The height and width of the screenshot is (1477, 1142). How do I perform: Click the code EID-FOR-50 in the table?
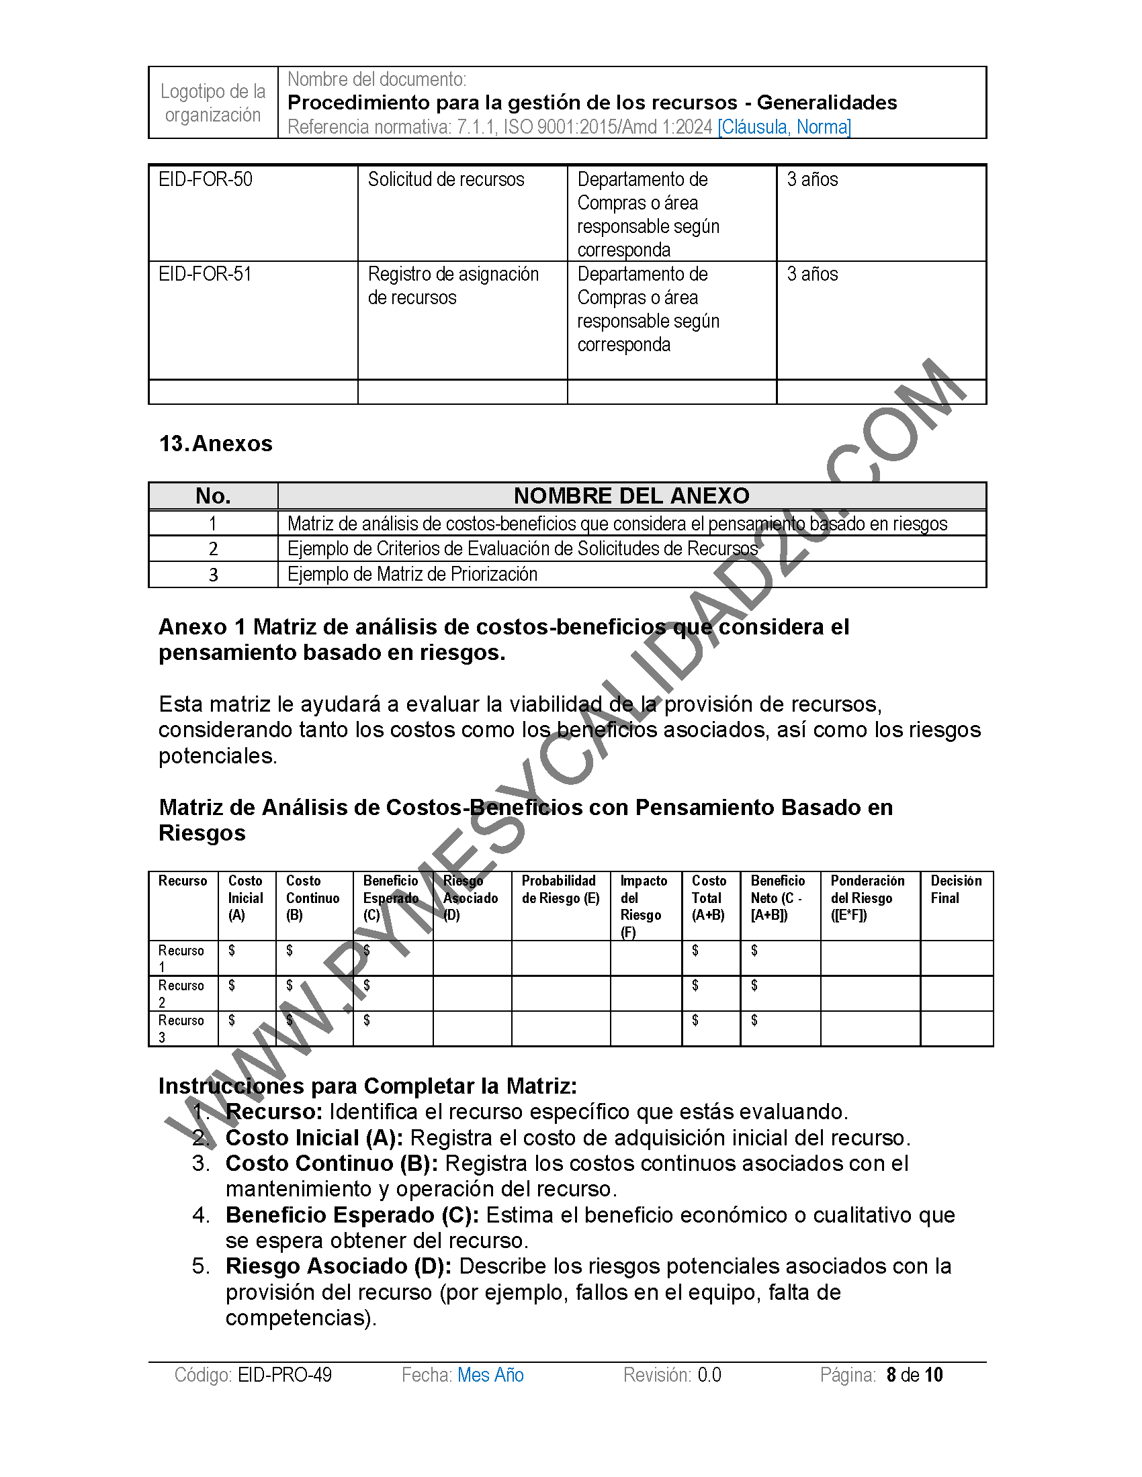(205, 179)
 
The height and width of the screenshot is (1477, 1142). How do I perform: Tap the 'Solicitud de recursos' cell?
(446, 179)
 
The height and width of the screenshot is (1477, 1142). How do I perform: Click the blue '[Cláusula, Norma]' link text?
(784, 126)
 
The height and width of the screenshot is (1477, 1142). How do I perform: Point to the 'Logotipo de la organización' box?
(213, 103)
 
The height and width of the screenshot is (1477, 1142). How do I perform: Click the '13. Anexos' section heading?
(216, 444)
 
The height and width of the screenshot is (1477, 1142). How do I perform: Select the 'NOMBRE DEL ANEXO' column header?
(631, 495)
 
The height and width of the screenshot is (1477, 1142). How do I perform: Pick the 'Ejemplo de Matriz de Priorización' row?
(412, 574)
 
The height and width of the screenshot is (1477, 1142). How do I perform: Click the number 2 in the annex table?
(213, 549)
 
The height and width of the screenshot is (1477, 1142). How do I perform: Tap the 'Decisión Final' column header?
(955, 890)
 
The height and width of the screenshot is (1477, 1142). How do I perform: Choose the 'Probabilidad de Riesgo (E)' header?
(560, 890)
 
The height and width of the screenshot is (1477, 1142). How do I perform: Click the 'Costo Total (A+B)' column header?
(708, 898)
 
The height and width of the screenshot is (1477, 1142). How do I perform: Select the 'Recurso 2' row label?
(181, 994)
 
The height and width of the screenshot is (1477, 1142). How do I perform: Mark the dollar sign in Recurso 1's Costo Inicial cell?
(232, 951)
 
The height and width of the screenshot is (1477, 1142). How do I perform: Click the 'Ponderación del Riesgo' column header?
(867, 898)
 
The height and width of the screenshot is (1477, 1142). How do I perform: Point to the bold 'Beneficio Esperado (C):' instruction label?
(352, 1215)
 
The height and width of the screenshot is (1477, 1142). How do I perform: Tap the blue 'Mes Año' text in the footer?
(490, 1375)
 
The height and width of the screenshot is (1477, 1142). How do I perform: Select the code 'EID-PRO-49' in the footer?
(285, 1375)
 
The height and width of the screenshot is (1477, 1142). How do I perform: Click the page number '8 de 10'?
(915, 1375)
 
